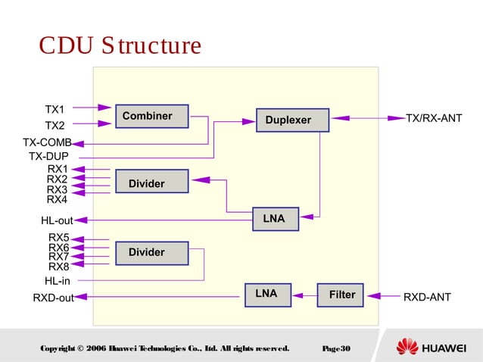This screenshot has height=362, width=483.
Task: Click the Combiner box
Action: pos(151,117)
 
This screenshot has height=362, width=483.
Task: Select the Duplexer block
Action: pos(292,120)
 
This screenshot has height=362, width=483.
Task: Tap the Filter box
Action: pos(341,295)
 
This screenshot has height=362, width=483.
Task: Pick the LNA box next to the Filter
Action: pos(267,294)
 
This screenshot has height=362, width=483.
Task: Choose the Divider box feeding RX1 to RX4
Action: pos(151,182)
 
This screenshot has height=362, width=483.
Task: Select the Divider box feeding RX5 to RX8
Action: pos(151,253)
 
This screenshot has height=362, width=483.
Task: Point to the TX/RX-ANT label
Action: pos(434,119)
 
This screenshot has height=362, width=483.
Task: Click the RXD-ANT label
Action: pos(427,298)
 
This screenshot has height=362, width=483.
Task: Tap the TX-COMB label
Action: pos(47,142)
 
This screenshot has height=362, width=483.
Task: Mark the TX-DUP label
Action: pos(48,157)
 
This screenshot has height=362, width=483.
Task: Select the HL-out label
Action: pos(57,221)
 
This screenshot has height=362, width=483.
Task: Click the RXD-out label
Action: pos(53,298)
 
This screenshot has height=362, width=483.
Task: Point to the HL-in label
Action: pos(57,281)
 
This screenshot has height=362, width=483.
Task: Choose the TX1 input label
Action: pos(55,109)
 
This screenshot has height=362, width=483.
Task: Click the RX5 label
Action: pos(58,238)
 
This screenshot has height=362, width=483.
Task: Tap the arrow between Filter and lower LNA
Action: pos(304,295)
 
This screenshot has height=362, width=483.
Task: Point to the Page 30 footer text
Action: pos(335,348)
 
